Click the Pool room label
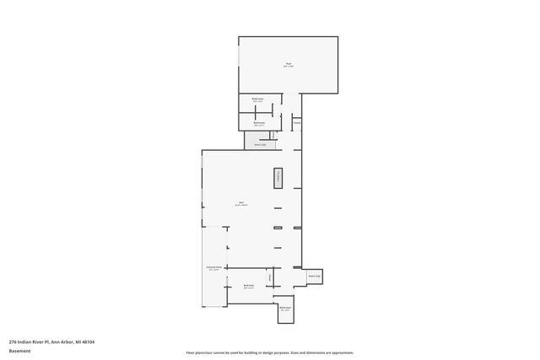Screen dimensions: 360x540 [x=288, y=64]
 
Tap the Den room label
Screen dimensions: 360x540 [x=240, y=202]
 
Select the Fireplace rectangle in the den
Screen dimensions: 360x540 [x=277, y=178]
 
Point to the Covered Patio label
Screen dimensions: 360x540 [x=214, y=266]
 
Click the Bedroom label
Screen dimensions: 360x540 [x=249, y=285]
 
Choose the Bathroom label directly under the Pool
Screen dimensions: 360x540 [x=257, y=99]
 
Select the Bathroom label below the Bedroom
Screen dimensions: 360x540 [x=285, y=308]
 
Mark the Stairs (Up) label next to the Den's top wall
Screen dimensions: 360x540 [x=260, y=144]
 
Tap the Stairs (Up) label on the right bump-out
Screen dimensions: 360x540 [x=314, y=276]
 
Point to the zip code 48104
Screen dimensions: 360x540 [x=88, y=341]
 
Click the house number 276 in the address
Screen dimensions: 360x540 [x=13, y=341]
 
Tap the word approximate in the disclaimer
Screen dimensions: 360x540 [x=341, y=352]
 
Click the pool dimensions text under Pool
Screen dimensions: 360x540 [x=288, y=67]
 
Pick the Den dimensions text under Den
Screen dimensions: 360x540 [x=240, y=205]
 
